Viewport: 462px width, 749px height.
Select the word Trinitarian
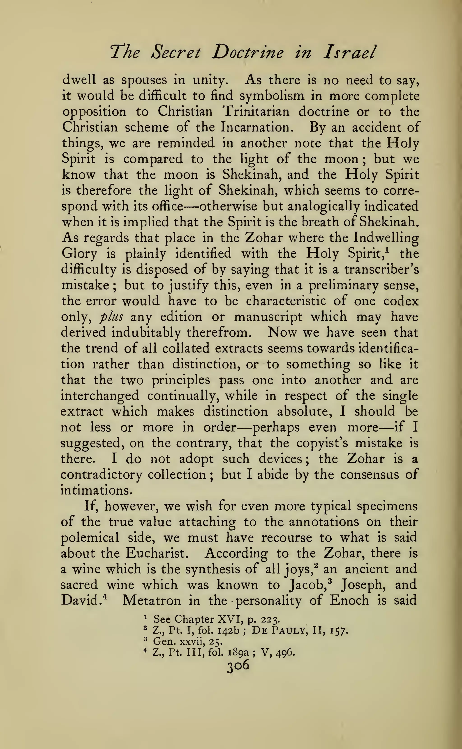click(256, 112)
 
